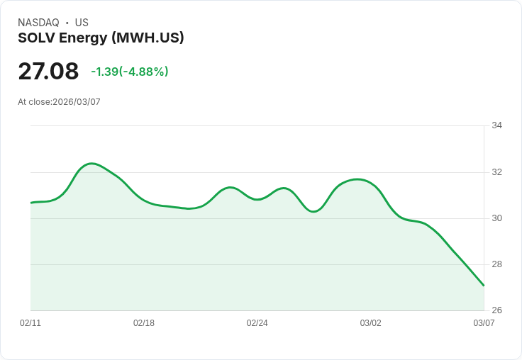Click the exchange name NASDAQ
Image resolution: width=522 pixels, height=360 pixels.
tap(38, 23)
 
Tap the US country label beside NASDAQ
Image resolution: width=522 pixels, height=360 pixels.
tap(82, 23)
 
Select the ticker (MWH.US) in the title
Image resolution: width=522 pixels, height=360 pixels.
tap(148, 38)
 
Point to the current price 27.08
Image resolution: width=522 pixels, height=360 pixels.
tap(48, 71)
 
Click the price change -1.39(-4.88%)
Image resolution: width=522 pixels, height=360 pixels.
tap(130, 72)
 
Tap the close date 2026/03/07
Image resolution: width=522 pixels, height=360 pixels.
tap(77, 102)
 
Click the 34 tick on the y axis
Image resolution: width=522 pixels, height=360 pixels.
tap(496, 125)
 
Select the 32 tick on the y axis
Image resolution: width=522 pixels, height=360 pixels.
tap(496, 172)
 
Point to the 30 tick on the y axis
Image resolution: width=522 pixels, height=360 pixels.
tap(496, 218)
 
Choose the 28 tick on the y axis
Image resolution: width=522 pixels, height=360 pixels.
tap(496, 264)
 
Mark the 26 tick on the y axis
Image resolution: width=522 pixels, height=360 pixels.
tap(496, 310)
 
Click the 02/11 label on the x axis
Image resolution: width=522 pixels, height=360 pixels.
tap(30, 323)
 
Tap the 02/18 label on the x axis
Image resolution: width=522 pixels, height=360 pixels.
tap(144, 323)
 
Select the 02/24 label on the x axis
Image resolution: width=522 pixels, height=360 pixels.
tap(257, 323)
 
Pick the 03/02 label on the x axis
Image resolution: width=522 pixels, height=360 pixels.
tap(370, 323)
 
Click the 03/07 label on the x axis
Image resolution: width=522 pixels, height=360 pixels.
tap(484, 323)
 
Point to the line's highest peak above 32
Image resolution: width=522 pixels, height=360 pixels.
tap(91, 163)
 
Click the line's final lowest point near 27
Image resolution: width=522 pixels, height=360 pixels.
tap(484, 286)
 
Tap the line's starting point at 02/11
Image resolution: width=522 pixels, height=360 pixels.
tap(31, 203)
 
